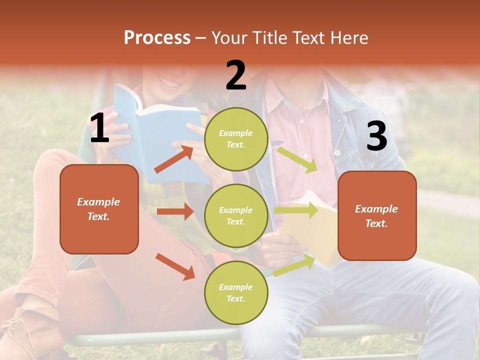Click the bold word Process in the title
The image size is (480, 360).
(x=157, y=38)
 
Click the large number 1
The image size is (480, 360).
(x=99, y=128)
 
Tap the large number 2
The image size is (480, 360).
(x=236, y=75)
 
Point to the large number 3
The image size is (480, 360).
(x=376, y=136)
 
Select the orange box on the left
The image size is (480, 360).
(x=99, y=209)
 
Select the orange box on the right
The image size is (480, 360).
(x=377, y=215)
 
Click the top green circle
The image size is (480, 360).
(x=236, y=139)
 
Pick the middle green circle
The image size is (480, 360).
(x=236, y=215)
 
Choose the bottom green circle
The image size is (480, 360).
(x=236, y=292)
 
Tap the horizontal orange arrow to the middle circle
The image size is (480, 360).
(x=175, y=211)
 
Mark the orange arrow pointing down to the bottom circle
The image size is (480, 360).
(x=175, y=266)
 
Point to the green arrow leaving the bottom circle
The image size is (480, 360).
(x=294, y=265)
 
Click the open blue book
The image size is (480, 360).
(x=160, y=130)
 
